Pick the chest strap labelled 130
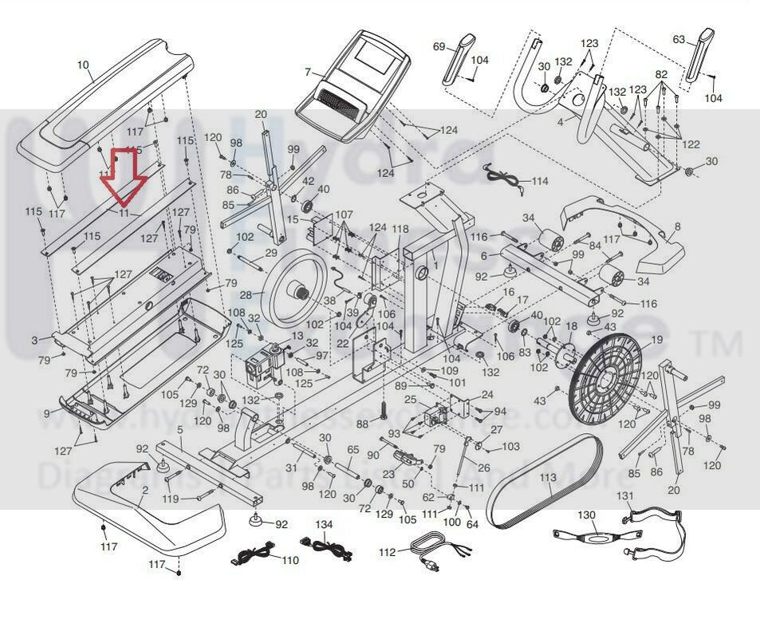click(599, 535)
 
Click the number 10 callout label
click(83, 65)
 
